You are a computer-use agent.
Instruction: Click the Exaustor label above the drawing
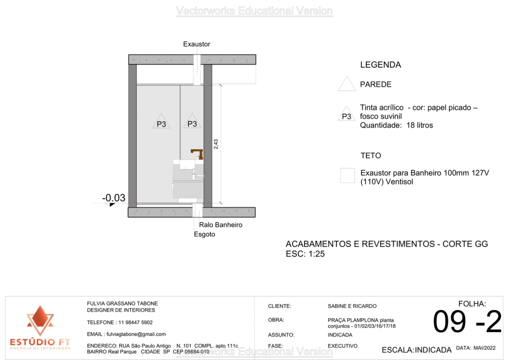click(196, 44)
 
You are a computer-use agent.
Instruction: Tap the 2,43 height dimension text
click(216, 144)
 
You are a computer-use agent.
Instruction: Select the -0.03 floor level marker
click(114, 198)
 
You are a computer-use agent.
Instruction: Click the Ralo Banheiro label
click(221, 225)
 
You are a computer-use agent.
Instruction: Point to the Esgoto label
click(204, 234)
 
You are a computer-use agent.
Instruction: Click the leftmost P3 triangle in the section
click(161, 122)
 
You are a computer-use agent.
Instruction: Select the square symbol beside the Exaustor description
click(347, 176)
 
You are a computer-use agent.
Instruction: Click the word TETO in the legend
click(371, 156)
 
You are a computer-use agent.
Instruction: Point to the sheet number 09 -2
click(467, 322)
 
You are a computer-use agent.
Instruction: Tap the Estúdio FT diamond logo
click(40, 321)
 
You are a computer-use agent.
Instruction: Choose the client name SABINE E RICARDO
click(352, 306)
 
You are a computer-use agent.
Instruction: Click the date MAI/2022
click(486, 348)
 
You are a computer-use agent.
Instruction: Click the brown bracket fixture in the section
click(198, 153)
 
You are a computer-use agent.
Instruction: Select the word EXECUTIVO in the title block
click(343, 345)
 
